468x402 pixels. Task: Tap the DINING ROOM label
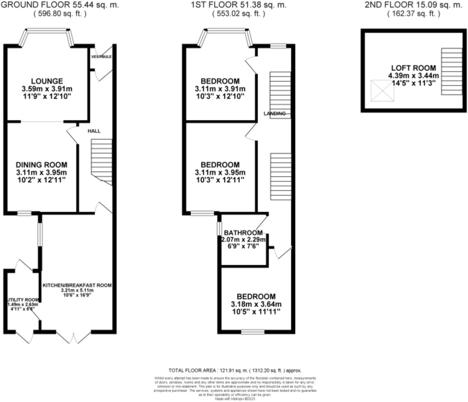[42, 165]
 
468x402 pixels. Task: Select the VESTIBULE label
[101, 57]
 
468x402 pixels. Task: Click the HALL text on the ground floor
[94, 131]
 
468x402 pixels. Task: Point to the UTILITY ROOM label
[23, 300]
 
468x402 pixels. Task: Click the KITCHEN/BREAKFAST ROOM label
[77, 285]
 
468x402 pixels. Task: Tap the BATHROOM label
[243, 233]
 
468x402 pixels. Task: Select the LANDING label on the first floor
[275, 114]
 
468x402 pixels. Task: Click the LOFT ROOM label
[414, 68]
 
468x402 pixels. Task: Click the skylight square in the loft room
[382, 90]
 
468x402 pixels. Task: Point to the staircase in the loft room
[452, 71]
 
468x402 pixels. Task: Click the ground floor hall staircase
[102, 161]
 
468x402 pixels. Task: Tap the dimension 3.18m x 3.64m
[256, 304]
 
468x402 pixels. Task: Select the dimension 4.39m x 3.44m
[414, 76]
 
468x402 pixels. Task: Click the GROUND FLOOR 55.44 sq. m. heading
[60, 4]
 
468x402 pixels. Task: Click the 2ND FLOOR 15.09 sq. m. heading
[414, 4]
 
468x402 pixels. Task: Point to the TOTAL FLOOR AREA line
[235, 371]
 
